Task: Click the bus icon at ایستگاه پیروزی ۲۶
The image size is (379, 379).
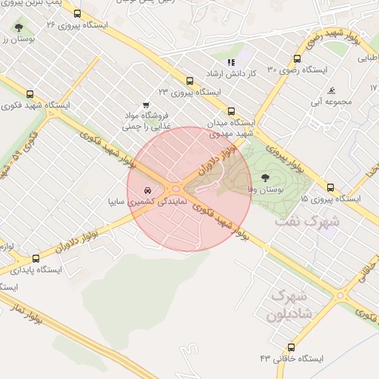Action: [77, 13]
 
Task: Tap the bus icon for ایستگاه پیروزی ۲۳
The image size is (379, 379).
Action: [189, 81]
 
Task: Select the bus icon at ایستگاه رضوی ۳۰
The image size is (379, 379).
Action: [297, 58]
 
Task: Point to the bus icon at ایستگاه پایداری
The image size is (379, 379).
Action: [36, 258]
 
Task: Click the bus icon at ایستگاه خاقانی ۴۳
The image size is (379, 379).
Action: [291, 346]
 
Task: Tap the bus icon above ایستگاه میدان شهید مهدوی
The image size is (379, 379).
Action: [232, 111]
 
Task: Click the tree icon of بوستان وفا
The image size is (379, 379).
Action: [264, 178]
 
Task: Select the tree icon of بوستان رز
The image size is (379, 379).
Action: [19, 27]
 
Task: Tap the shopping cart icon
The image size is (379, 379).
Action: [146, 105]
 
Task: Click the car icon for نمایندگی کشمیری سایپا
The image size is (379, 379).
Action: [149, 189]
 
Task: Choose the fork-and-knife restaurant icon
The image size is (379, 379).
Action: [231, 63]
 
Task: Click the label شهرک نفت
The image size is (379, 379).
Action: [306, 221]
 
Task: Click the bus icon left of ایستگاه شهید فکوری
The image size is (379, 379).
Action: [30, 94]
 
